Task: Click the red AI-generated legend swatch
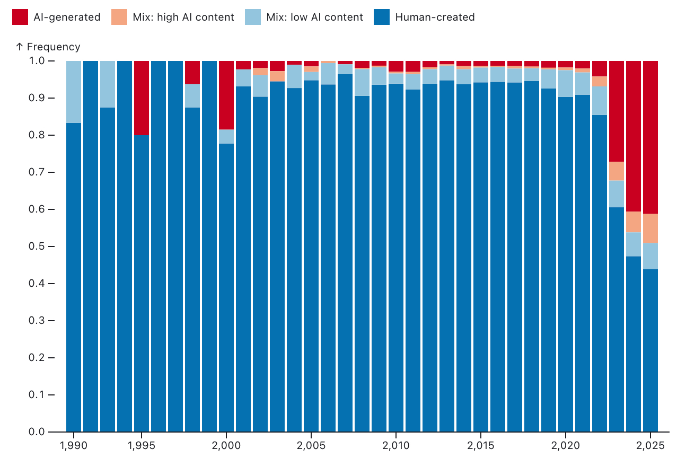tap(20, 17)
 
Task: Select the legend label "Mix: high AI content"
tap(183, 17)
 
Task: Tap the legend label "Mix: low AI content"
tap(315, 17)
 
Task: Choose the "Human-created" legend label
tap(435, 17)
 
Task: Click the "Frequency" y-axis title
tap(53, 47)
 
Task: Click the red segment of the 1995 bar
tap(142, 98)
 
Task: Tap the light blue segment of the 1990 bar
tap(74, 92)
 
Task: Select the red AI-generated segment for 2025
tap(650, 137)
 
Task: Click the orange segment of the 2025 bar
tap(650, 228)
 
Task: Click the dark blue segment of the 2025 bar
tap(650, 350)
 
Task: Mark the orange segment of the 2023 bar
tap(617, 171)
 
